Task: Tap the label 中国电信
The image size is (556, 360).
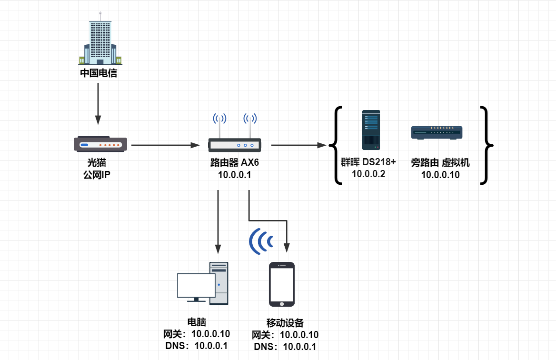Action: pyautogui.click(x=99, y=74)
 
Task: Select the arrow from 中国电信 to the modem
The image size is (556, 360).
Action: pyautogui.click(x=98, y=103)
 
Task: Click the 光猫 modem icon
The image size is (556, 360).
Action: pyautogui.click(x=100, y=144)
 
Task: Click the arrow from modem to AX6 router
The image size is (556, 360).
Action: pyautogui.click(x=165, y=145)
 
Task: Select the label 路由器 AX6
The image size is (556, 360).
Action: pyautogui.click(x=235, y=163)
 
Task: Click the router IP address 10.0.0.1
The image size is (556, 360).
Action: pyautogui.click(x=235, y=175)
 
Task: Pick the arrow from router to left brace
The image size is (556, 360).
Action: pyautogui.click(x=298, y=145)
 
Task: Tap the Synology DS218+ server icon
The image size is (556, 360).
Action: pyautogui.click(x=371, y=128)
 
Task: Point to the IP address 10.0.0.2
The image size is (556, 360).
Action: pyautogui.click(x=368, y=174)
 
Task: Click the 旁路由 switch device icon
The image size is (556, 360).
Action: pyautogui.click(x=437, y=132)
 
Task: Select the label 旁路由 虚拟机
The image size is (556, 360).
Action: pyautogui.click(x=440, y=163)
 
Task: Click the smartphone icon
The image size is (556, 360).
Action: pyautogui.click(x=282, y=284)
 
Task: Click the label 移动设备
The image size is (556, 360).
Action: pyautogui.click(x=285, y=323)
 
